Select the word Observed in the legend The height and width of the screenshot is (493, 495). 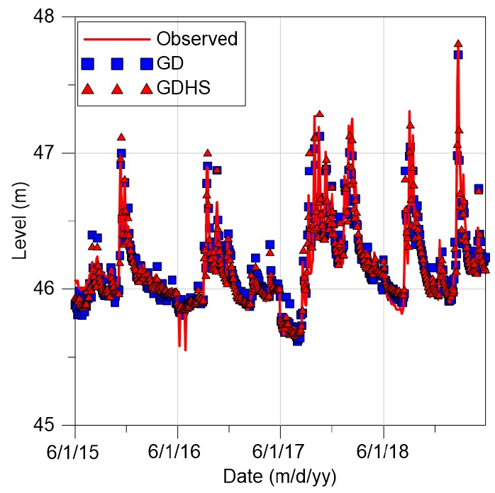click(x=196, y=38)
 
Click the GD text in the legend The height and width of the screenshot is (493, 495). click(x=170, y=63)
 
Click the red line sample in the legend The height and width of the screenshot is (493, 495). click(x=116, y=38)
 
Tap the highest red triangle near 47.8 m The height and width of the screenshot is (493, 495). click(x=458, y=44)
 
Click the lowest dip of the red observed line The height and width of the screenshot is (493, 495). click(x=185, y=349)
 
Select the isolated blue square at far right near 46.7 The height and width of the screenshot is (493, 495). click(x=479, y=189)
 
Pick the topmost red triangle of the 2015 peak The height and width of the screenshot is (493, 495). click(x=121, y=137)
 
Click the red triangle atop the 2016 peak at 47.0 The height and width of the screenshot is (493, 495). click(x=207, y=153)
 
